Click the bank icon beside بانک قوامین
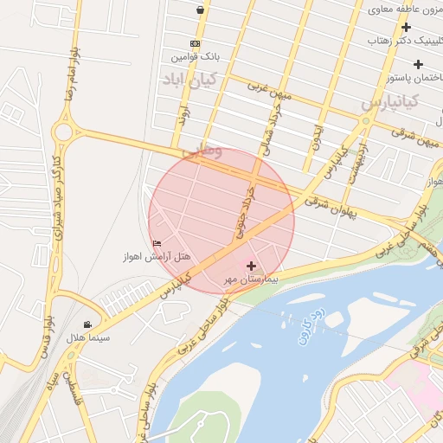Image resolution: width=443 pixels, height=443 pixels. (195, 43)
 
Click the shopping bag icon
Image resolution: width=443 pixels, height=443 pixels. (201, 10)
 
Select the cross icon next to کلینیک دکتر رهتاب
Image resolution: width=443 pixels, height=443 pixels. (406, 27)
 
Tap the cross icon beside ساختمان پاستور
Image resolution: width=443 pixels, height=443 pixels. (419, 64)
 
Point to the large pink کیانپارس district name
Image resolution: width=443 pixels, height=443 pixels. (389, 102)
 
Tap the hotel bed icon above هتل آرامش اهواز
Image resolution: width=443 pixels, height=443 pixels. (156, 243)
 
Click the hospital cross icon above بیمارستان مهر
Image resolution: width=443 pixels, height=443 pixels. (251, 266)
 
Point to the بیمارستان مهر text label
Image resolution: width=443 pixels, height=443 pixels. (252, 279)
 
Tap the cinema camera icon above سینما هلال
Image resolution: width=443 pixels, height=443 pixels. (90, 324)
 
